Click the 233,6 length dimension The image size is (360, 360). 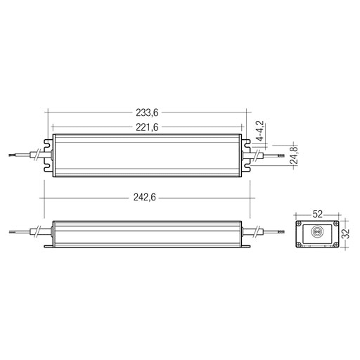coord(147,112)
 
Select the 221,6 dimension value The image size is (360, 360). coord(147,127)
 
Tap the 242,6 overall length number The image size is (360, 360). coord(144,198)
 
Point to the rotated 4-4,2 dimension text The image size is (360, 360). coord(260,131)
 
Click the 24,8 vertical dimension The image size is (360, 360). coord(293,155)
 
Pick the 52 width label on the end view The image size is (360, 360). coord(318,214)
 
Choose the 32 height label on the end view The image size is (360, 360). coord(345,233)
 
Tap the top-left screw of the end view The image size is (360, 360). coord(299,224)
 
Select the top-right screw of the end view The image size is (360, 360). coord(336,224)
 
